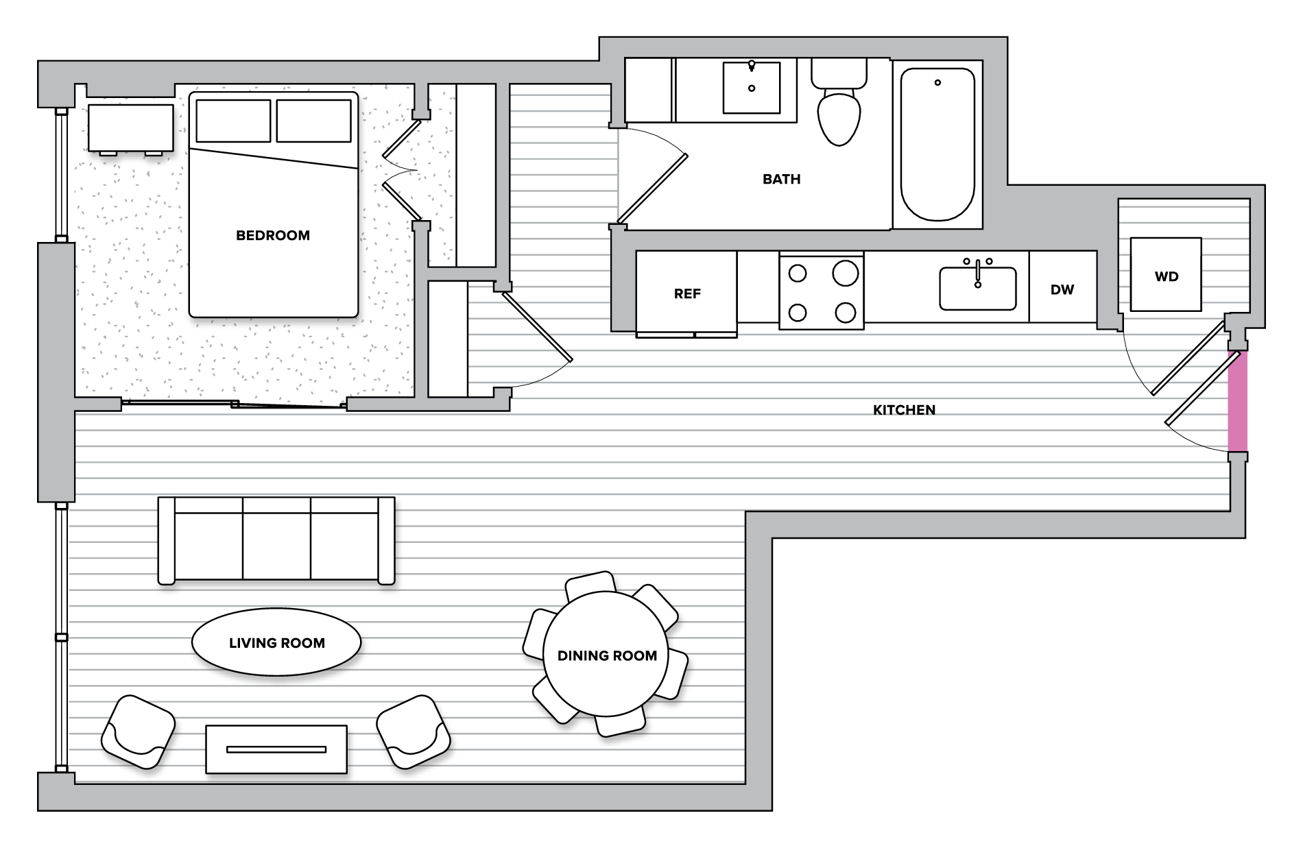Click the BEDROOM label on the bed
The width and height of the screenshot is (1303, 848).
coord(272,235)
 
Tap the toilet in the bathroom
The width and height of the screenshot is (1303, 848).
coord(839,113)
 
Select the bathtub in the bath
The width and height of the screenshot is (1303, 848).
coord(937,144)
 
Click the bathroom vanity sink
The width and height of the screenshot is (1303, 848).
coord(751,88)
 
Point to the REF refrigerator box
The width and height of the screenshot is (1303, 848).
coord(686,293)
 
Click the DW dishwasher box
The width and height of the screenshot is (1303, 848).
coord(1062,289)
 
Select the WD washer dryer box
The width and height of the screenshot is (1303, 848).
coord(1165,276)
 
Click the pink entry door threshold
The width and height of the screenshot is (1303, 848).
coord(1237,401)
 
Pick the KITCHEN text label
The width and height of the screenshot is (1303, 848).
coord(904,410)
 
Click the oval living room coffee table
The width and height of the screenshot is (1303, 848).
coord(276,642)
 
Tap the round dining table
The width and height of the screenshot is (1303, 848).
coord(606,655)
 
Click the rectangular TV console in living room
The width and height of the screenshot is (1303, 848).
coord(276,749)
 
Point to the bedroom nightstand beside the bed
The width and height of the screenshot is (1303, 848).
coord(130,128)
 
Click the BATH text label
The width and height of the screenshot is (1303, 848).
coord(781,179)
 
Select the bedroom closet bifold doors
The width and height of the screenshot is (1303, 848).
coord(401,170)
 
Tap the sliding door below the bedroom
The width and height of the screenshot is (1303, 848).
coord(233,404)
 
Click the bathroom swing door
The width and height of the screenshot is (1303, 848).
coord(651,189)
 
